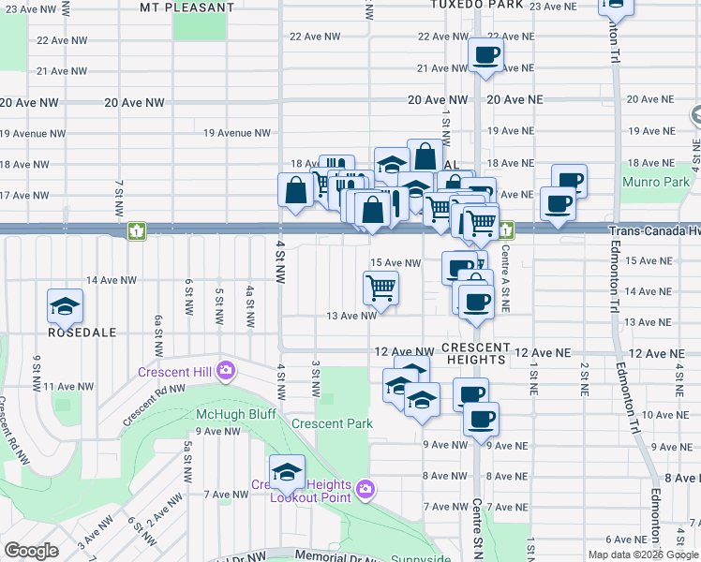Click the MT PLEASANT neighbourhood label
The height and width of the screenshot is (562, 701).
186,7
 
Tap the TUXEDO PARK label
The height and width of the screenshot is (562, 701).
477,5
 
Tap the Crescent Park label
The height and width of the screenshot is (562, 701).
332,423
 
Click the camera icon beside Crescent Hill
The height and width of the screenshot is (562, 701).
225,371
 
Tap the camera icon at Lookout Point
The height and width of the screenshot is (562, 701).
365,489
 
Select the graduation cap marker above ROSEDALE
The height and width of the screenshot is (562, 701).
66,305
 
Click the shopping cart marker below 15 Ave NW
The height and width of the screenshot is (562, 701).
381,287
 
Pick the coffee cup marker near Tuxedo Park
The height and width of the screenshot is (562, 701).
485,55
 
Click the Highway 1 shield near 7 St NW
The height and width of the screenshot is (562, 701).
138,229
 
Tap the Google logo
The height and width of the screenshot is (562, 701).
31,551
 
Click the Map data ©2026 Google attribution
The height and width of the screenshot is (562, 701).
642,555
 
